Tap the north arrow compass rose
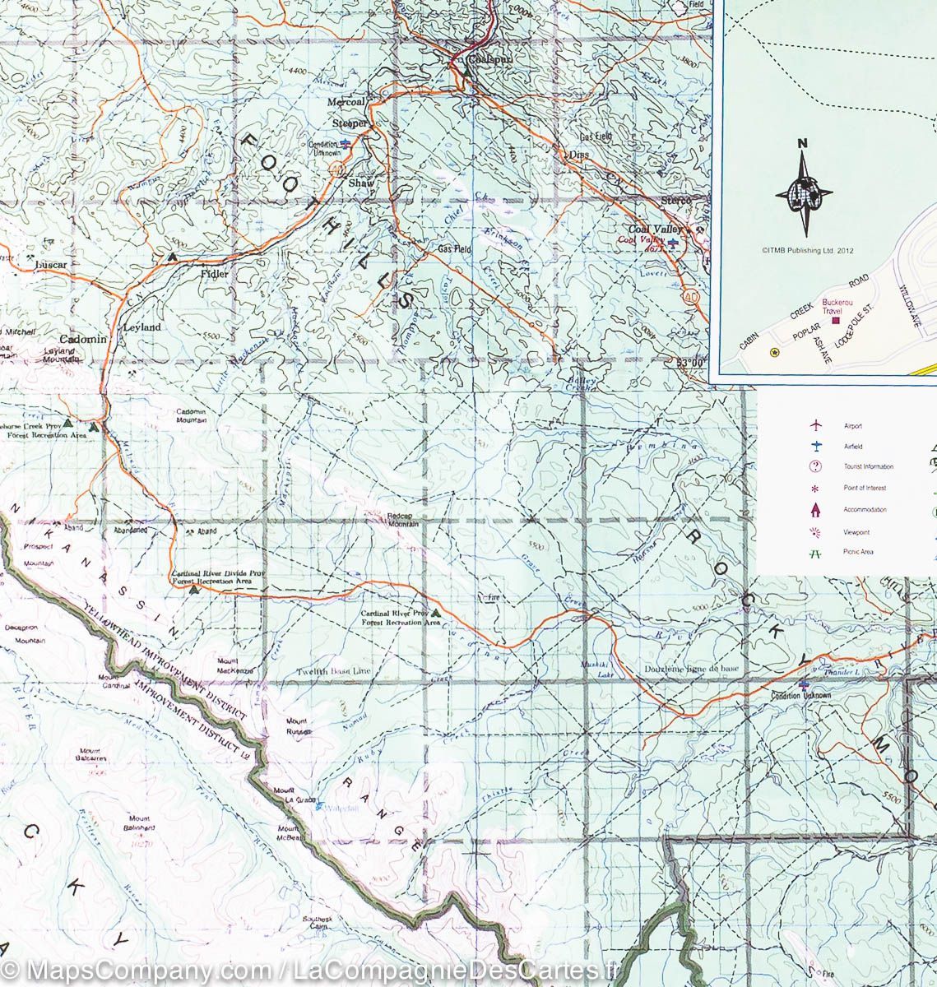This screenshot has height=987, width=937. pyautogui.click(x=803, y=190)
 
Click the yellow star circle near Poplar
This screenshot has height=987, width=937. pyautogui.click(x=774, y=353)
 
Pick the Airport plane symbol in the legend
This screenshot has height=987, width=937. pyautogui.click(x=815, y=425)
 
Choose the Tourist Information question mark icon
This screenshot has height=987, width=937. pyautogui.click(x=815, y=467)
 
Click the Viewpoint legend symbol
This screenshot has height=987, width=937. pyautogui.click(x=815, y=531)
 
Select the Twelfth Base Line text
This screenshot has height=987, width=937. pyautogui.click(x=334, y=672)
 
